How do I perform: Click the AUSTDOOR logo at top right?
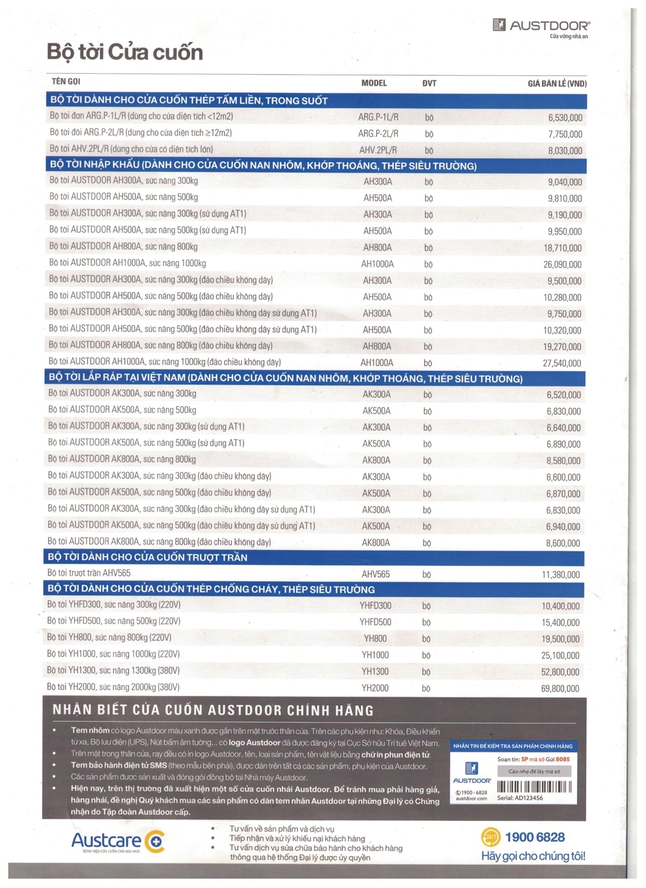541,25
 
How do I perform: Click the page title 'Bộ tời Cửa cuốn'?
125,53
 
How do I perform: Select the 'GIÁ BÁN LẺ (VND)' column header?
557,83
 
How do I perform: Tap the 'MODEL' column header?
374,83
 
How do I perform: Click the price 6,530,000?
565,118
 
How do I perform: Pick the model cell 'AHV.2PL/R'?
378,150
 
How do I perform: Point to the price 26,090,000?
562,265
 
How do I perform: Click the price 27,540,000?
562,363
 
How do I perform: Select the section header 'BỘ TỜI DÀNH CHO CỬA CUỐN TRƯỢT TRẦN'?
147,557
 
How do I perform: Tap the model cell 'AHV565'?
375,574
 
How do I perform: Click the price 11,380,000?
560,575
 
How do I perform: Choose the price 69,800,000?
560,688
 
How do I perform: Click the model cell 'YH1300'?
375,671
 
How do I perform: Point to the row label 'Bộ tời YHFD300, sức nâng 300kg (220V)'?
114,604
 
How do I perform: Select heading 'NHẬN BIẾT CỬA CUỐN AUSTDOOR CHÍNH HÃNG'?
213,710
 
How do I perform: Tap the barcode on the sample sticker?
534,787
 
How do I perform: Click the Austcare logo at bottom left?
118,841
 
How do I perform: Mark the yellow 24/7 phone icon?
490,837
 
